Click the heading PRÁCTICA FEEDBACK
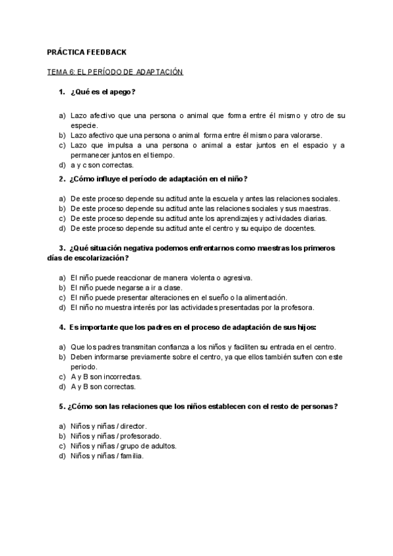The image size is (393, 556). pyautogui.click(x=87, y=52)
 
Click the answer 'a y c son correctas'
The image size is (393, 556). pyautogui.click(x=105, y=165)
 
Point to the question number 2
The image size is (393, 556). pyautogui.click(x=62, y=178)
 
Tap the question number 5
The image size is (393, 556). pyautogui.click(x=62, y=406)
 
